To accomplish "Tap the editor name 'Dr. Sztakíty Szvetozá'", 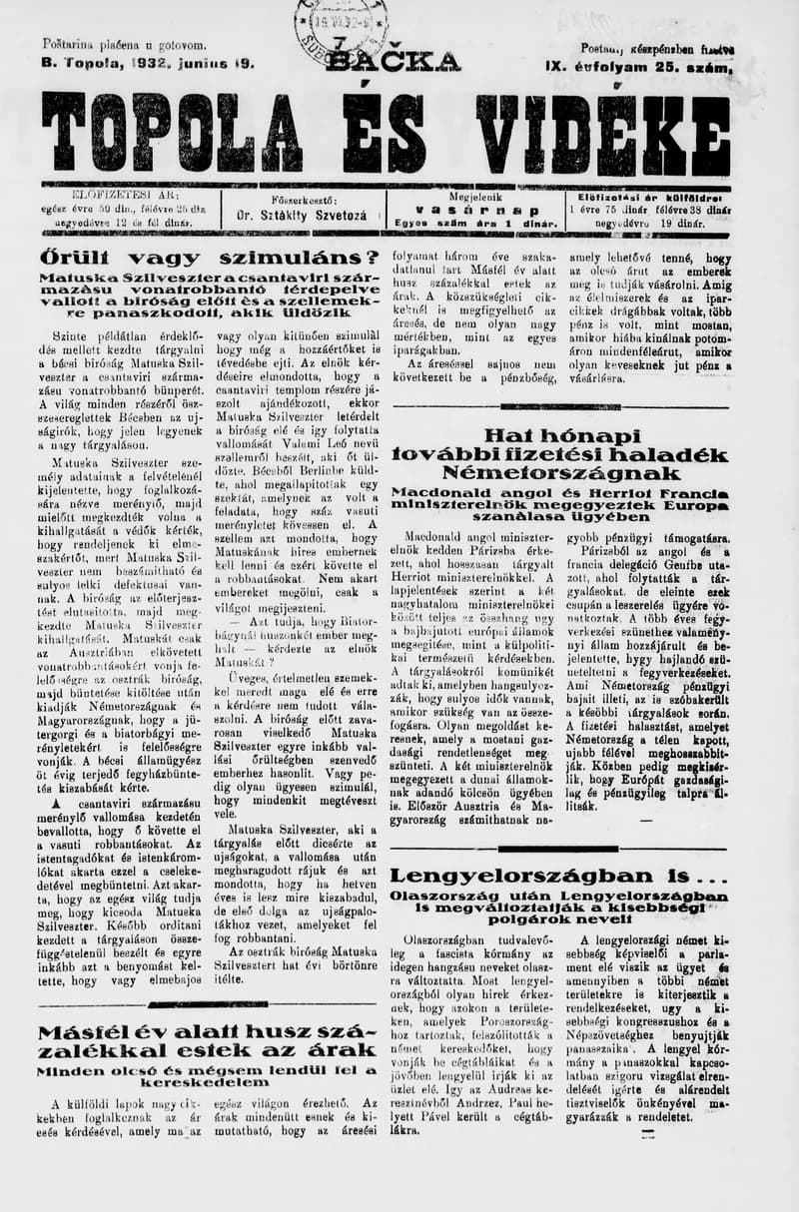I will point(301,215).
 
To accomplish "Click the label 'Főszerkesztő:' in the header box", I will point(301,199).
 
